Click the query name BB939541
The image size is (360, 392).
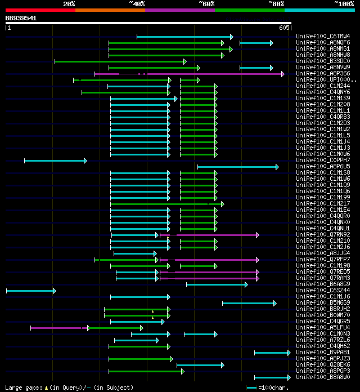point(21,18)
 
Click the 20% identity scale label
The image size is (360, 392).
point(69,3)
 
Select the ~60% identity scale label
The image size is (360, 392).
point(206,3)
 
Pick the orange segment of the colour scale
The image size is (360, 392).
point(110,10)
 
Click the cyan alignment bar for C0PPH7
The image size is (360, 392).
point(55,161)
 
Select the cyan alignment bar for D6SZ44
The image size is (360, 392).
point(30,291)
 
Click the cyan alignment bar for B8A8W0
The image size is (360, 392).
point(271,377)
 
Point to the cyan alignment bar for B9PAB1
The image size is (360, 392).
point(271,353)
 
